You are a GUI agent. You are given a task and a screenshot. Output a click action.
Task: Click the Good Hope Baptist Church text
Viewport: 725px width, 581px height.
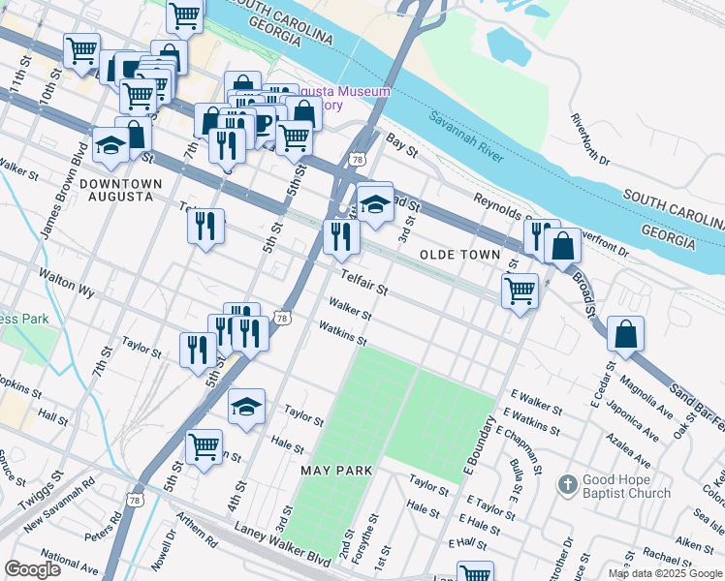click(x=627, y=487)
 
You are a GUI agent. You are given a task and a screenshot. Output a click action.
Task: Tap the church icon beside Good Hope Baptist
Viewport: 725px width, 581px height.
click(x=568, y=482)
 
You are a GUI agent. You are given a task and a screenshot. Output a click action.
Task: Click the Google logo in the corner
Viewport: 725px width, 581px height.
click(x=33, y=569)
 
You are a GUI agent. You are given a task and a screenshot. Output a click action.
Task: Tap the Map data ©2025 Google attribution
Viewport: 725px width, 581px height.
click(x=664, y=573)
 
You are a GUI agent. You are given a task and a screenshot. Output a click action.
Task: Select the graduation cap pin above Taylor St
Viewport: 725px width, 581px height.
click(x=247, y=407)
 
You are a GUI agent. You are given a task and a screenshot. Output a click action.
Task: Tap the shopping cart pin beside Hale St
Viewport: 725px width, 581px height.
click(x=204, y=447)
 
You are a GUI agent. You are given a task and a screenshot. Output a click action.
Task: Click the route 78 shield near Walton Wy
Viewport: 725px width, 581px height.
click(x=281, y=318)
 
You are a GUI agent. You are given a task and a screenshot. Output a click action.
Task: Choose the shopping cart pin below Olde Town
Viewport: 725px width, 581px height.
click(x=520, y=290)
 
